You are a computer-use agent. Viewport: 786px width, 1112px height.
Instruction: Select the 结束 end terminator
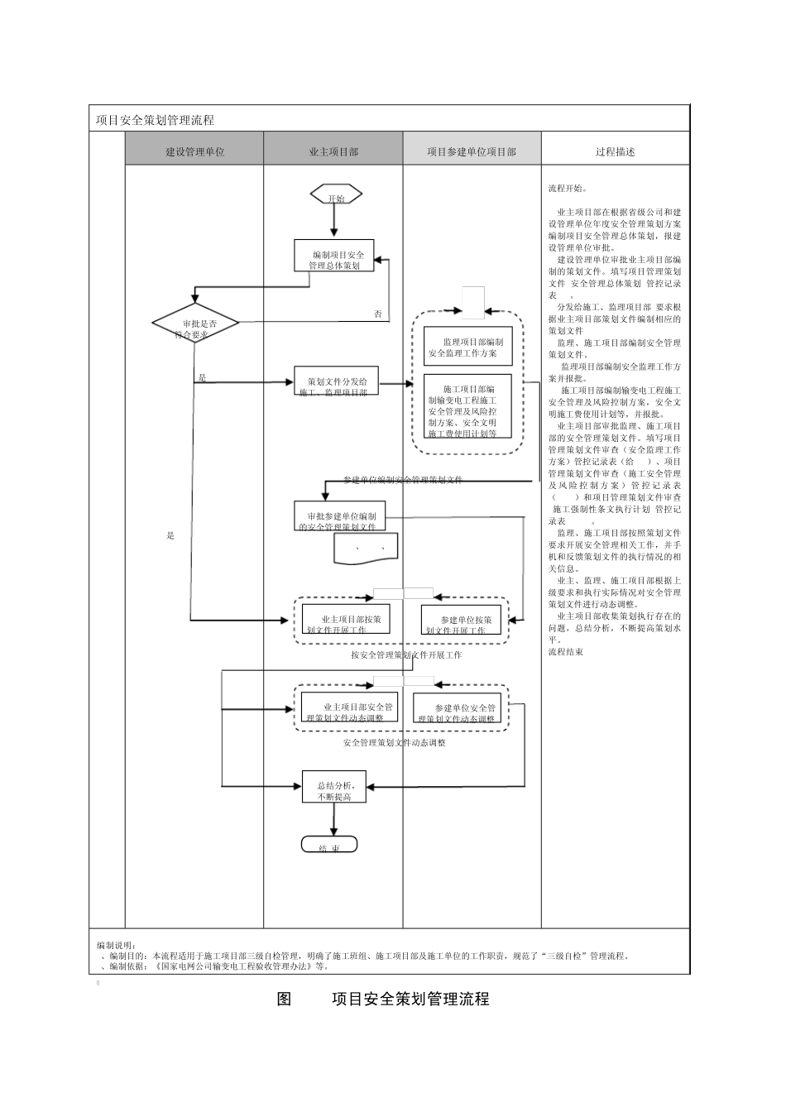coord(329,845)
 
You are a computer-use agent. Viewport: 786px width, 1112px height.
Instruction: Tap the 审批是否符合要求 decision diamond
coord(195,325)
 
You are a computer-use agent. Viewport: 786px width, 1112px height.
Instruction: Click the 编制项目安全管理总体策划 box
coord(333,256)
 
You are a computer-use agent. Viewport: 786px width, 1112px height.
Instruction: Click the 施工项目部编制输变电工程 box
coord(467,406)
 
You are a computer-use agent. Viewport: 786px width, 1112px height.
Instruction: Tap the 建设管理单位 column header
coord(194,151)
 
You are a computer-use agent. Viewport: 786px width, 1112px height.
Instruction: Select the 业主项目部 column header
coord(333,151)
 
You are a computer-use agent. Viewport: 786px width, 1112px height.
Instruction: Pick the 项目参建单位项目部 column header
coord(472,151)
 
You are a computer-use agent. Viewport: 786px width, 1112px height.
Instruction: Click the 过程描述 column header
coord(615,151)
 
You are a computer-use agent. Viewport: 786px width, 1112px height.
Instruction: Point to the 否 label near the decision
coord(377,314)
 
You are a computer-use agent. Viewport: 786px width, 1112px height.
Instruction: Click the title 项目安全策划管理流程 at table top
coord(156,120)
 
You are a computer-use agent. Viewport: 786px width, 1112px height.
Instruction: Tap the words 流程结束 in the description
coord(565,652)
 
